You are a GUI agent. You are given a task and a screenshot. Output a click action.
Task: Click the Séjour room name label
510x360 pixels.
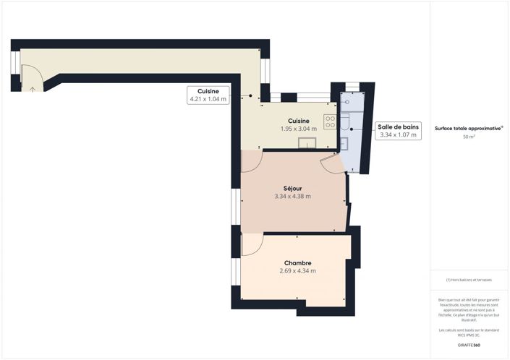click(x=292, y=187)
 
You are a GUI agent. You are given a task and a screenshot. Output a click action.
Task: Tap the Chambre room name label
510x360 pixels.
click(x=297, y=262)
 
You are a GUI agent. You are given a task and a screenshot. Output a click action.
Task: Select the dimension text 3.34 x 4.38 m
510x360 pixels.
click(x=292, y=197)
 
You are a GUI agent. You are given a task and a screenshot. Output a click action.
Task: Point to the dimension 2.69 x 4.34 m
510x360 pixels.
click(x=297, y=271)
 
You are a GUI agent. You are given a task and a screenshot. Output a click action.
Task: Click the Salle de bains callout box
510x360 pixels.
click(x=398, y=130)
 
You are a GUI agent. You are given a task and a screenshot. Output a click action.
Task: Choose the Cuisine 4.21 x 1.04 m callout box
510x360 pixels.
click(x=208, y=95)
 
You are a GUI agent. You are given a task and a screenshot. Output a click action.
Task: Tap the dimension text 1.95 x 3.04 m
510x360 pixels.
click(x=299, y=129)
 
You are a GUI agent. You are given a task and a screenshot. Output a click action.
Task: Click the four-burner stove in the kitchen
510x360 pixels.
click(x=330, y=120)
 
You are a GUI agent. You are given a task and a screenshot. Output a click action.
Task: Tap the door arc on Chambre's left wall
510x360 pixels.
click(x=250, y=246)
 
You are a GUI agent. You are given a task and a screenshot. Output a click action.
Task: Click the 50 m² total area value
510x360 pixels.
click(x=469, y=136)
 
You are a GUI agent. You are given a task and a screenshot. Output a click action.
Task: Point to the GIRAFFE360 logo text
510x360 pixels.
click(x=469, y=346)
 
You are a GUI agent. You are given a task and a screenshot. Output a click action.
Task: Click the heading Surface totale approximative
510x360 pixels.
click(x=468, y=128)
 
